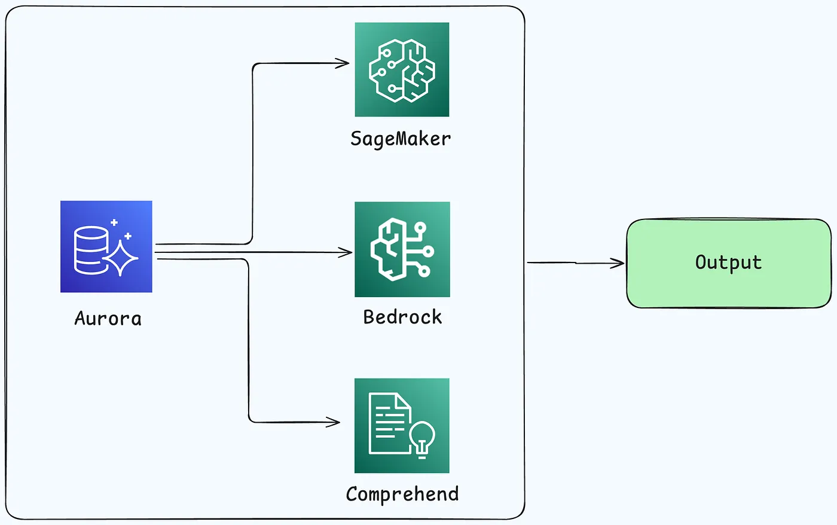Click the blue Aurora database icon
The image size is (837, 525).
[x=106, y=246]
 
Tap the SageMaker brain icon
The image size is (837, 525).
[x=402, y=69]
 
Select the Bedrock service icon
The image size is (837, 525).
[x=402, y=249]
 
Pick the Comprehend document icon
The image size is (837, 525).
[x=402, y=426]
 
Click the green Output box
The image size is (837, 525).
[x=728, y=264]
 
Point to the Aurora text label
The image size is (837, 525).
[x=108, y=318]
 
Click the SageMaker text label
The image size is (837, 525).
[x=401, y=139]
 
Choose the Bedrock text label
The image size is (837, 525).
[x=402, y=317]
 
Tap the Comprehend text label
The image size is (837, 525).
[x=402, y=494]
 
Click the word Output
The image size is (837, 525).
[x=728, y=262]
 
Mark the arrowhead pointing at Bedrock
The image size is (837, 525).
[x=347, y=253]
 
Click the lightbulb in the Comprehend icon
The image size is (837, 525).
[x=422, y=438]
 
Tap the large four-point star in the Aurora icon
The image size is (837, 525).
[x=121, y=257]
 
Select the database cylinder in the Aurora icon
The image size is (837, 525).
[x=91, y=250]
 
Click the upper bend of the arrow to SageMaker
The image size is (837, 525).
[x=253, y=66]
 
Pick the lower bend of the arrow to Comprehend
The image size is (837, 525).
[x=250, y=420]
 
